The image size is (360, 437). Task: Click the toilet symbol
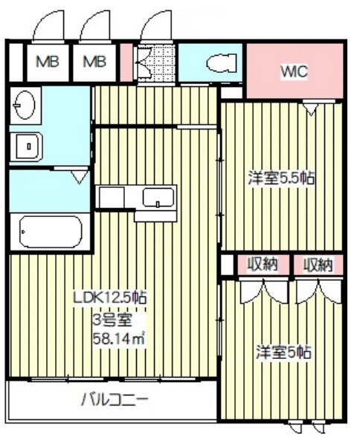(x=222, y=62)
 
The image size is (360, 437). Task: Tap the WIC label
(x=294, y=71)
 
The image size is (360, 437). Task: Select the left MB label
(x=48, y=62)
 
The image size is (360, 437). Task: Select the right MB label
(x=94, y=62)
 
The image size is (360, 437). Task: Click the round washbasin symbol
(x=25, y=105)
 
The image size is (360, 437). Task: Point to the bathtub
(x=51, y=232)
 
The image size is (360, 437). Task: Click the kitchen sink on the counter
(x=158, y=198)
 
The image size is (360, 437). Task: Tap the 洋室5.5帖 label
(x=281, y=178)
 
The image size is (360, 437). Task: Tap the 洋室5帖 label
(x=283, y=352)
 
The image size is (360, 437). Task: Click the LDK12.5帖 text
(x=109, y=297)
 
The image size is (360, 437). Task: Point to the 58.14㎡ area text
(x=119, y=338)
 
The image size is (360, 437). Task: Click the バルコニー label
(x=115, y=400)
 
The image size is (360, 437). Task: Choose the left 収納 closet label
(x=263, y=265)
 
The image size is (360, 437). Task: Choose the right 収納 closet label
(x=318, y=265)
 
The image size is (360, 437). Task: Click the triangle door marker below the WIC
(x=311, y=109)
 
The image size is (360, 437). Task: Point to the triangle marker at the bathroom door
(x=80, y=177)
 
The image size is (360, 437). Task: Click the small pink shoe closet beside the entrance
(x=126, y=62)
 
